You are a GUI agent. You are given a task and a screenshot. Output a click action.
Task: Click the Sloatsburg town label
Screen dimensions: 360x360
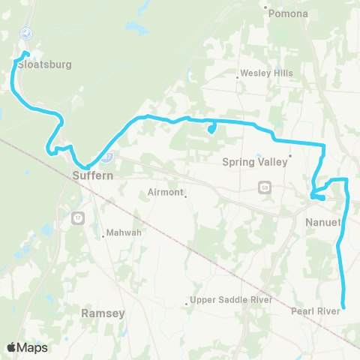click(45, 64)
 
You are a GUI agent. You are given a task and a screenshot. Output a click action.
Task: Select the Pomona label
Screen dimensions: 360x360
click(290, 14)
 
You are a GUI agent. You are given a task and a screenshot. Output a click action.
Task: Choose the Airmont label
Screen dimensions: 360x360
click(165, 193)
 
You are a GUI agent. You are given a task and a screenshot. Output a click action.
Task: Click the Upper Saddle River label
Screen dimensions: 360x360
click(230, 300)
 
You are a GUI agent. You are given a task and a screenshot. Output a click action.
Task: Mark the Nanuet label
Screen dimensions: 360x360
click(323, 222)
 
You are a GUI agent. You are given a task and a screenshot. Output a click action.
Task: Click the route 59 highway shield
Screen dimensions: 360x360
click(265, 185)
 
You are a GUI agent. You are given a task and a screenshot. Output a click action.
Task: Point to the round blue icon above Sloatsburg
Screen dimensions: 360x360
click(25, 33)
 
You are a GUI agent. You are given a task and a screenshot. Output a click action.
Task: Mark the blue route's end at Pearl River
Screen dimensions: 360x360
click(343, 305)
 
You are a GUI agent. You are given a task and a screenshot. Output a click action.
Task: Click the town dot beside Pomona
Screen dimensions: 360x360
click(266, 9)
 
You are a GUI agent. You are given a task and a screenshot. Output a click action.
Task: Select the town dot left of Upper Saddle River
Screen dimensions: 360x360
click(187, 304)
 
